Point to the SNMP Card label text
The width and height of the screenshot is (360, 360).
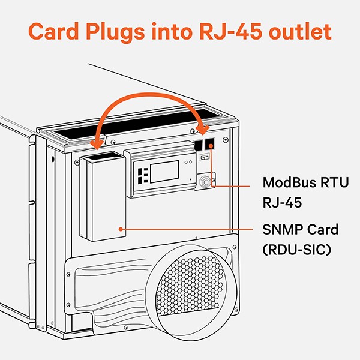pyautogui.click(x=300, y=229)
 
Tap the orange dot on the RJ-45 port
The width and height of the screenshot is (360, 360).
pyautogui.click(x=211, y=145)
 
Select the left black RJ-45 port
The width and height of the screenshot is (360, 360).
pyautogui.click(x=199, y=146)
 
